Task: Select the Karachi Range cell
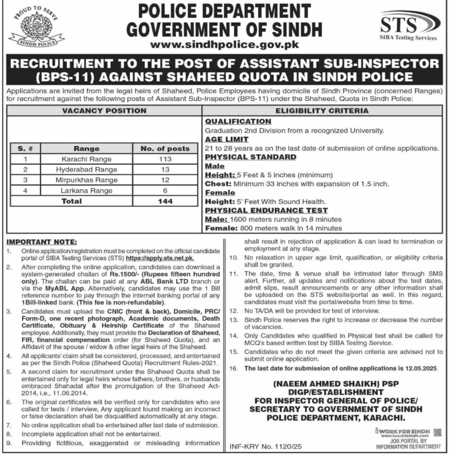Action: point(87,159)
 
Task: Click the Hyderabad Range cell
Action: point(87,169)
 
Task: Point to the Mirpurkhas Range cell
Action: point(87,180)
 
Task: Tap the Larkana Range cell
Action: point(87,191)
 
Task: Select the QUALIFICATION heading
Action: point(238,121)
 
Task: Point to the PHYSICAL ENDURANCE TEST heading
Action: point(266,211)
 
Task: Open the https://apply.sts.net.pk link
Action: point(161,258)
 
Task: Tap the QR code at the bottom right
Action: point(438,431)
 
